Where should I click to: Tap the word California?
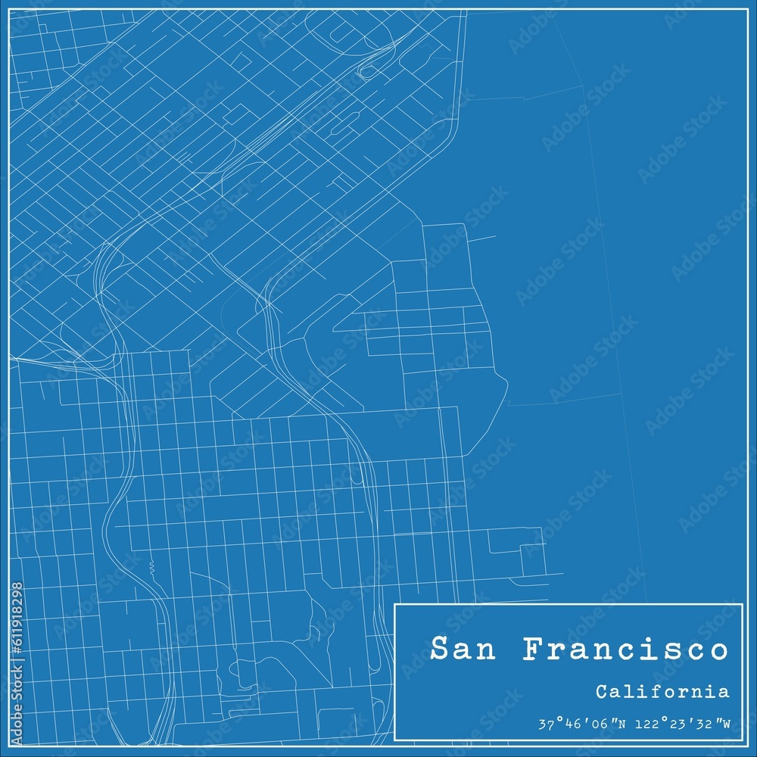coord(662,691)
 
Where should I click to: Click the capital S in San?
coord(438,650)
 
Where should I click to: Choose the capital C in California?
coord(600,691)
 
